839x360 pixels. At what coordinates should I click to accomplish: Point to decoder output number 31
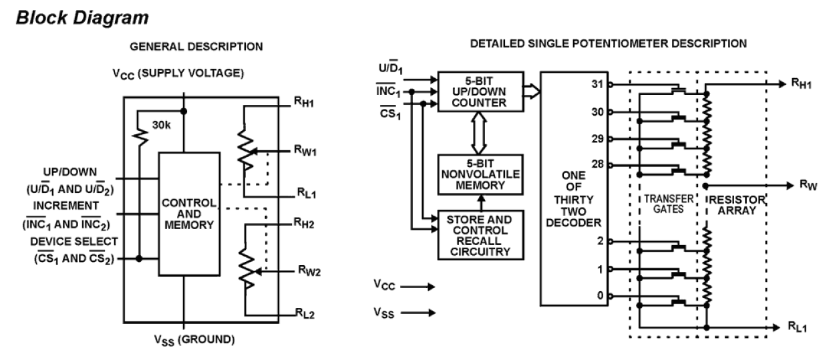[597, 84]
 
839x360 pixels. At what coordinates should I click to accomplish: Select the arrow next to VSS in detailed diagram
[419, 312]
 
